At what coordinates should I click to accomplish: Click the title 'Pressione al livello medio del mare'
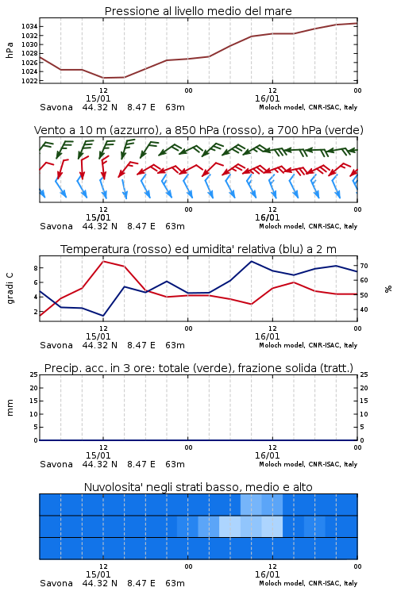pos(198,11)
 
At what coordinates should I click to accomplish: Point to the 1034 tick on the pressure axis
pos(29,26)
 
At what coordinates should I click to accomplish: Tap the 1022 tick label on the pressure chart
pos(29,81)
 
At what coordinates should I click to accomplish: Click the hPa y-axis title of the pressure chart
pos(10,50)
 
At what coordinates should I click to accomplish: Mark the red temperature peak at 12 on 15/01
pos(103,262)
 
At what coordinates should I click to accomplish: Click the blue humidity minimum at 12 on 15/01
pos(103,316)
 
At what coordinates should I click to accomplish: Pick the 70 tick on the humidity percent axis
pos(364,266)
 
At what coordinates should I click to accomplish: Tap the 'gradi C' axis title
pos(10,288)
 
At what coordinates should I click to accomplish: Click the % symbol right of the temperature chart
pos(388,289)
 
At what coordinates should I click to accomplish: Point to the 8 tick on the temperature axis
pos(36,268)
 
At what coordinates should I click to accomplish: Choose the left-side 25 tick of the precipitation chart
pos(34,374)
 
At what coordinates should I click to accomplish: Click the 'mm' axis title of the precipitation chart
pos(10,408)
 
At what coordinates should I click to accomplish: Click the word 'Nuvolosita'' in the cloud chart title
pos(110,487)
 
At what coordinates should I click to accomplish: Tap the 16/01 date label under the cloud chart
pos(267,574)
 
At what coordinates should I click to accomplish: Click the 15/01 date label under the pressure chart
pos(98,98)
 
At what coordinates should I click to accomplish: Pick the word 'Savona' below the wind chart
pos(56,226)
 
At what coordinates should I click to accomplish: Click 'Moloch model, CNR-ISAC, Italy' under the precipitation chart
pos(308,464)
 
